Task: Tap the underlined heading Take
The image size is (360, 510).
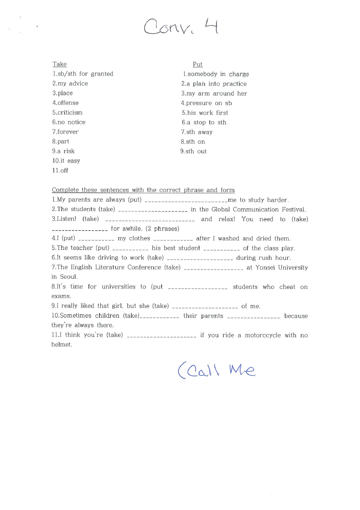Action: click(x=60, y=64)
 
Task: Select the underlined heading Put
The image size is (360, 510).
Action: click(x=198, y=65)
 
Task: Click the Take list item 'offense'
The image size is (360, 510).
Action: click(x=65, y=103)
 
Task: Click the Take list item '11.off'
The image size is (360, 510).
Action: click(x=60, y=171)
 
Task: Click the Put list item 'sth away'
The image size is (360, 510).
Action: click(x=197, y=132)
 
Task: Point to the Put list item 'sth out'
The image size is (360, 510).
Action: click(x=194, y=152)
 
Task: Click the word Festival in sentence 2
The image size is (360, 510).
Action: click(x=293, y=209)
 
